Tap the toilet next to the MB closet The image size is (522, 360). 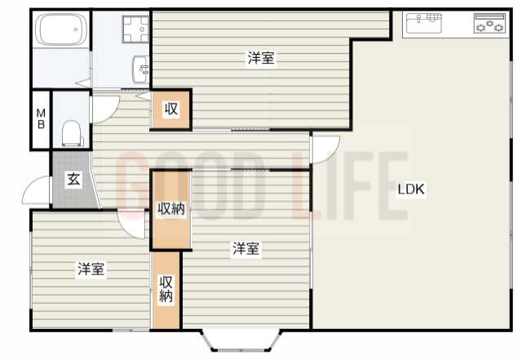pos(71,131)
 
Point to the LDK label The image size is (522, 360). pos(411,189)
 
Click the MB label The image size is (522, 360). pos(40,119)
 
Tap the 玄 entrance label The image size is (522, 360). pos(73,180)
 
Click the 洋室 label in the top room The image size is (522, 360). pos(261,58)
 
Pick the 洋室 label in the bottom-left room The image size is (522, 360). pos(91,269)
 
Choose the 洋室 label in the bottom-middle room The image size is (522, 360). pos(246,249)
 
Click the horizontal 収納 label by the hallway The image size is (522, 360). pos(171,209)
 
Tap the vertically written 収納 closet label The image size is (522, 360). pos(166,290)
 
